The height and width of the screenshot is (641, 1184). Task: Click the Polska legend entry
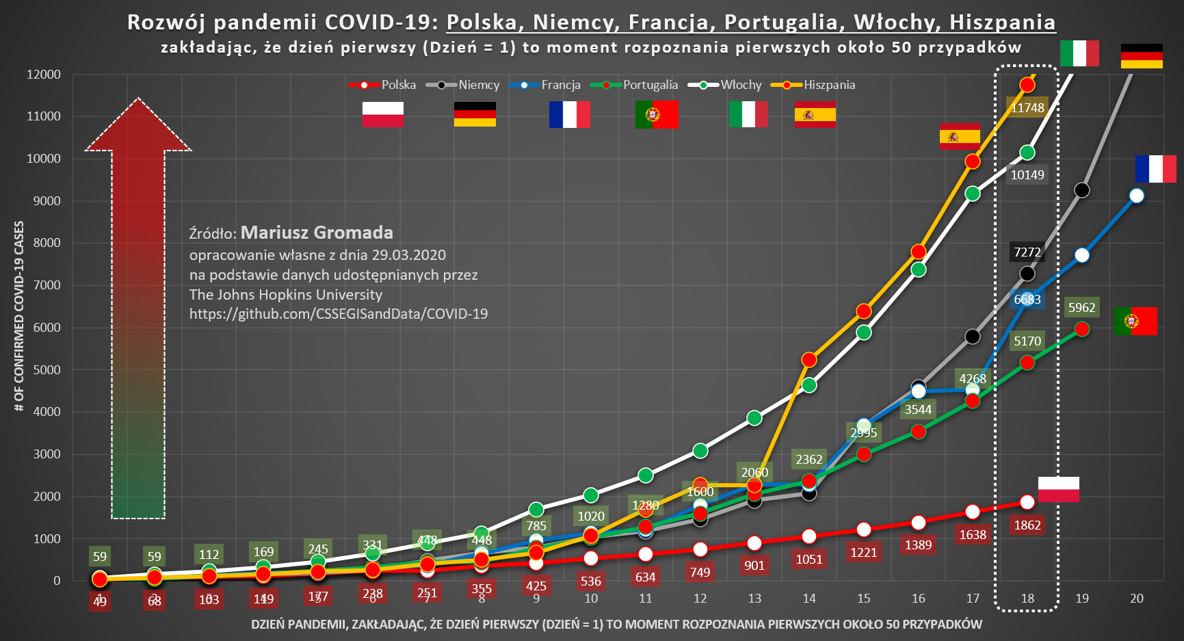tap(382, 85)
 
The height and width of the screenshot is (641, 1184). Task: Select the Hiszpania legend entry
tap(813, 85)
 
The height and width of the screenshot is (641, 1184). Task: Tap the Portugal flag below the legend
tap(656, 114)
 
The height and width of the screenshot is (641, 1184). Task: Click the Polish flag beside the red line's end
tap(1058, 489)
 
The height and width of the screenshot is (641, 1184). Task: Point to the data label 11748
tap(1027, 107)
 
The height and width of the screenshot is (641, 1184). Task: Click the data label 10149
tap(1027, 174)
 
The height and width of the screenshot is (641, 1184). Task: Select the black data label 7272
tap(1027, 252)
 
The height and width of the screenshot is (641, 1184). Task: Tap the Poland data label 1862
tap(1027, 525)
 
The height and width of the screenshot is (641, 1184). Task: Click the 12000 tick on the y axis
tap(44, 74)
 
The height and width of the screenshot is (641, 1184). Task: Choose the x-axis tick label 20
tap(1136, 599)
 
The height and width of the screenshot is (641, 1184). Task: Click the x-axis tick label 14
tap(809, 599)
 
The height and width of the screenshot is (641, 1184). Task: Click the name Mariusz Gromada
tap(317, 233)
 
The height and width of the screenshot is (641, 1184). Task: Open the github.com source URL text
tap(339, 314)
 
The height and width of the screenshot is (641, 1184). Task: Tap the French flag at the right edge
tap(1155, 169)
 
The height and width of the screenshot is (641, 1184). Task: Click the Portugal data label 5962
tap(1081, 308)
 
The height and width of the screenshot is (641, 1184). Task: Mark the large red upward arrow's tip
tap(138, 100)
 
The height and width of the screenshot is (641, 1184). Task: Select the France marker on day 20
tap(1136, 196)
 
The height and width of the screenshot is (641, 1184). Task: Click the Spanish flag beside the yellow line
tap(960, 136)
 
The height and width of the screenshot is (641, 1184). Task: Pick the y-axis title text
tap(19, 315)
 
